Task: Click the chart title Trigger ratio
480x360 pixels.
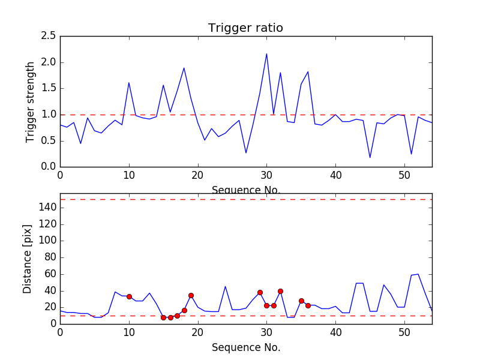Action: [x=245, y=28]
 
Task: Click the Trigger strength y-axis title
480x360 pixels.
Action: [x=31, y=101]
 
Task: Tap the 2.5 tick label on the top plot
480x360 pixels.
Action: [x=49, y=36]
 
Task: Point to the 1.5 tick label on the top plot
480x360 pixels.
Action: [x=49, y=88]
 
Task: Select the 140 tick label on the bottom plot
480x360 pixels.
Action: [x=47, y=208]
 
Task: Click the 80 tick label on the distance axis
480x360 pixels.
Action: [x=50, y=257]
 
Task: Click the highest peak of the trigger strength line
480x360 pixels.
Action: [x=266, y=54]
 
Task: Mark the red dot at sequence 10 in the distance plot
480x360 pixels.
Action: [x=129, y=296]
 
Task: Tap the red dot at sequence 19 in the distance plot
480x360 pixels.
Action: [x=191, y=295]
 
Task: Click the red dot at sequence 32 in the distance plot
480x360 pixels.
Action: [x=280, y=291]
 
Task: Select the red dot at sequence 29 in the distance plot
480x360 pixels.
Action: [x=260, y=292]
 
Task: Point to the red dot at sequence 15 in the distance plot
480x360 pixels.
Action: [x=163, y=317]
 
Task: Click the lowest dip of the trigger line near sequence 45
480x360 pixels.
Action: [x=370, y=157]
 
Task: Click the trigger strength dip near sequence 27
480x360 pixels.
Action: [x=246, y=152]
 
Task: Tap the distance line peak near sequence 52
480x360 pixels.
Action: [x=418, y=274]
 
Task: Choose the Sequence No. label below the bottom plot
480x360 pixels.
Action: [x=245, y=347]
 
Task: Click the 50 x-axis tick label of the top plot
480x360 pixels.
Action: [x=404, y=176]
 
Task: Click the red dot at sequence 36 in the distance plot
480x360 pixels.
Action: [x=308, y=305]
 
